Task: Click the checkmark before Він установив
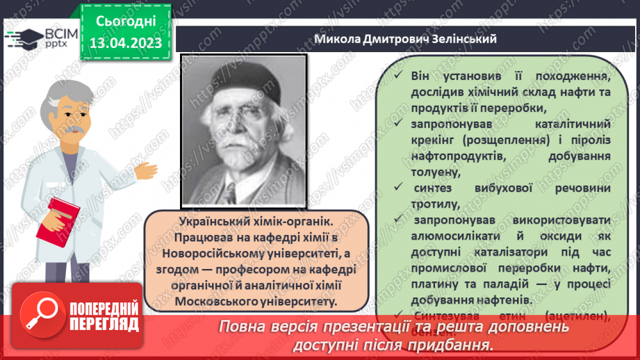396,75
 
